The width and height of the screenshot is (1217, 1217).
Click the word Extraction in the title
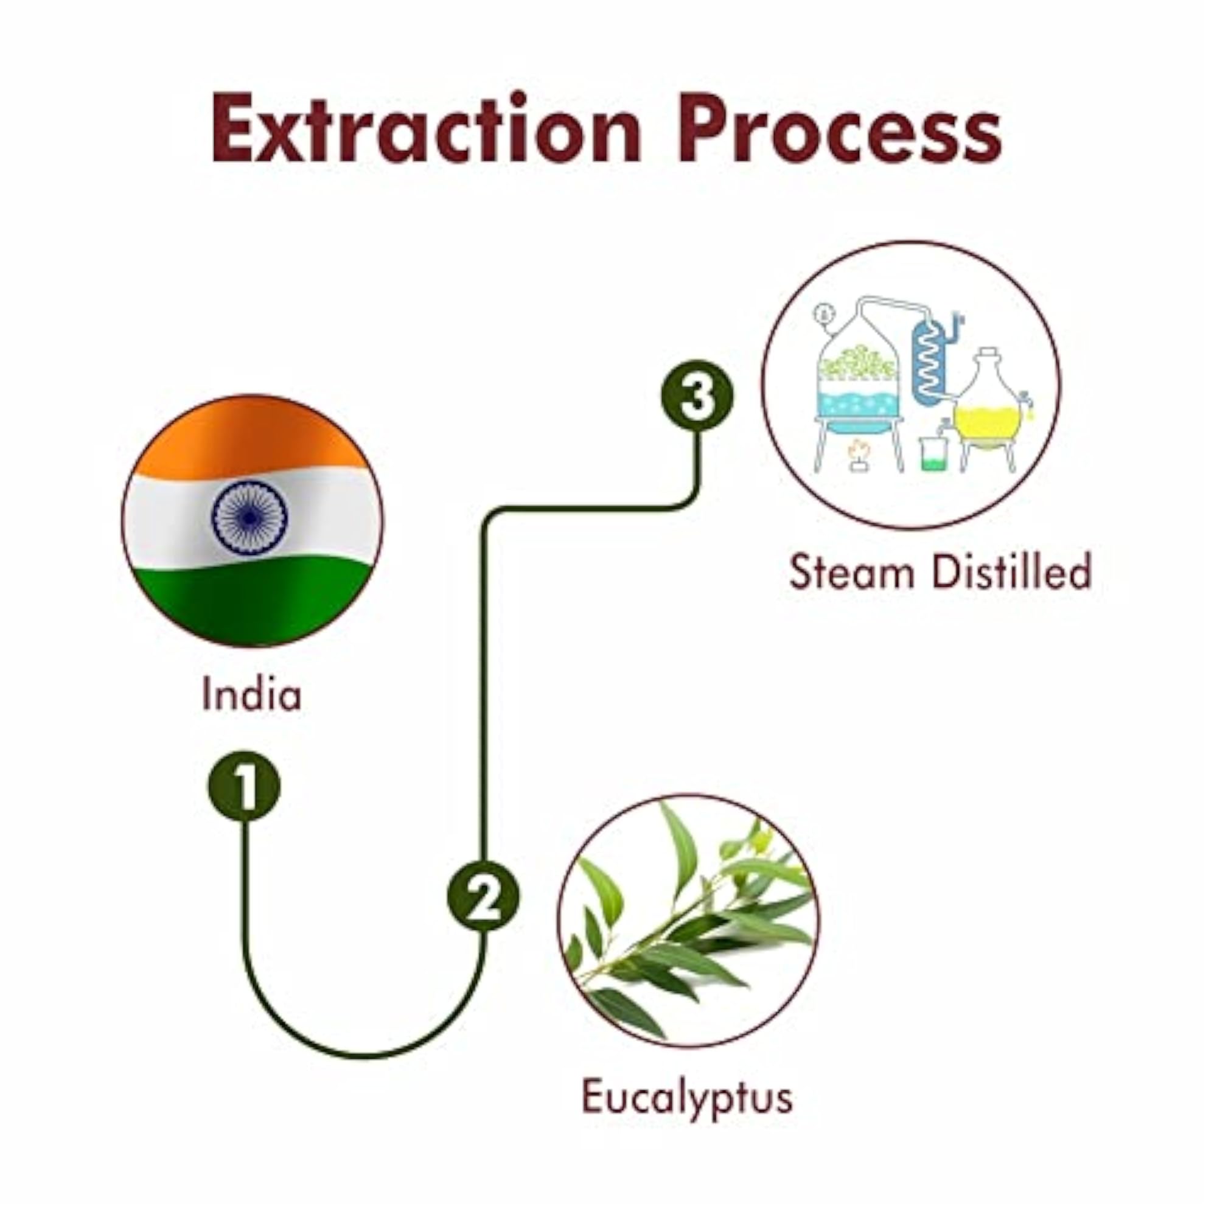tap(426, 128)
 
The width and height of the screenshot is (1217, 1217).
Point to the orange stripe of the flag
tap(252, 434)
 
